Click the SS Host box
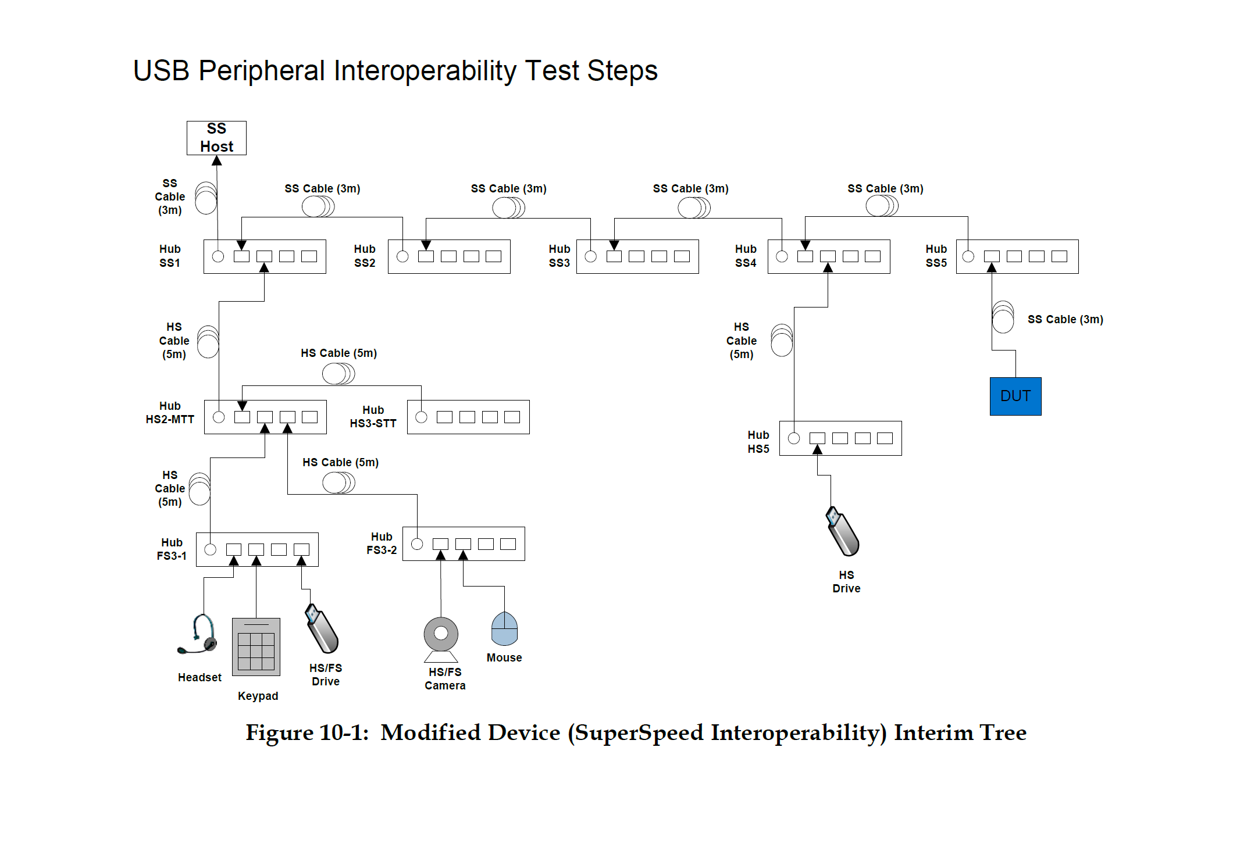(216, 138)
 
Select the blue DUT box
(1015, 396)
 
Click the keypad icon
(256, 646)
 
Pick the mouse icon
(504, 628)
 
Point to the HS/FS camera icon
(441, 638)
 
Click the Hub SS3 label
(559, 256)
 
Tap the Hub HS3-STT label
(373, 417)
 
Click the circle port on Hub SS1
(218, 256)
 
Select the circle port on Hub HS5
(794, 438)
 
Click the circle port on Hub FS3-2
(417, 544)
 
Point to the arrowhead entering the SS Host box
(217, 160)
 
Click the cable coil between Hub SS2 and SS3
(508, 208)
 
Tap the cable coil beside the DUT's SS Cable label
(1003, 317)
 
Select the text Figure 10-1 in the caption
(307, 732)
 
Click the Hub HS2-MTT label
(170, 413)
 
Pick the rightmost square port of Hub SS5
(1059, 256)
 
